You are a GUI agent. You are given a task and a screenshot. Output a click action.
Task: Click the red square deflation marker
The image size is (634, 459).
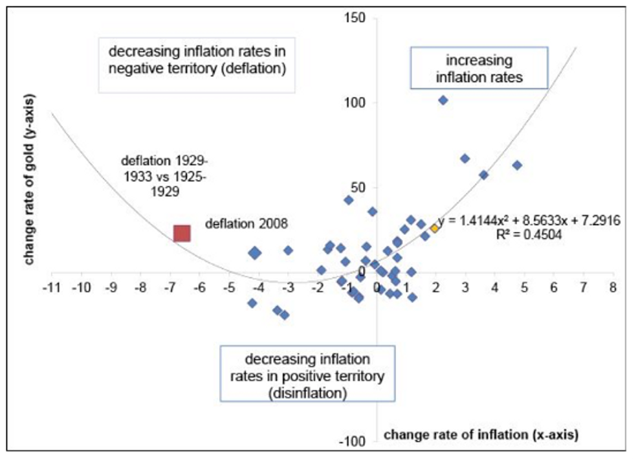pos(182,233)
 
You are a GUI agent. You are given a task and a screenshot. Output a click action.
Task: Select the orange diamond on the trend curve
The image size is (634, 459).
pos(435,228)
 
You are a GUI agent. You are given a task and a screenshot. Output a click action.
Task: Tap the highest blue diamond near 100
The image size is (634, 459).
pos(443,100)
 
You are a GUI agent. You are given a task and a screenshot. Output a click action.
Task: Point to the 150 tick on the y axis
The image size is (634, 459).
pos(358,18)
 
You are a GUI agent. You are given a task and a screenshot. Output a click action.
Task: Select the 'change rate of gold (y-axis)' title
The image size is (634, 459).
pos(29,179)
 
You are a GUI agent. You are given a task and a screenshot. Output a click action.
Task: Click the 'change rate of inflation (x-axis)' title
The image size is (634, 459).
pos(480,434)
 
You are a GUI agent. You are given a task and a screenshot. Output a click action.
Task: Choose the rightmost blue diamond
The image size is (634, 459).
pos(516,165)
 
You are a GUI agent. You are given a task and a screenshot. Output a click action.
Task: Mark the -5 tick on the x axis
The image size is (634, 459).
pos(228,286)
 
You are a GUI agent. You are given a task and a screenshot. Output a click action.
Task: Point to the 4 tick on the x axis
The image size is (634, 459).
pos(495,286)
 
